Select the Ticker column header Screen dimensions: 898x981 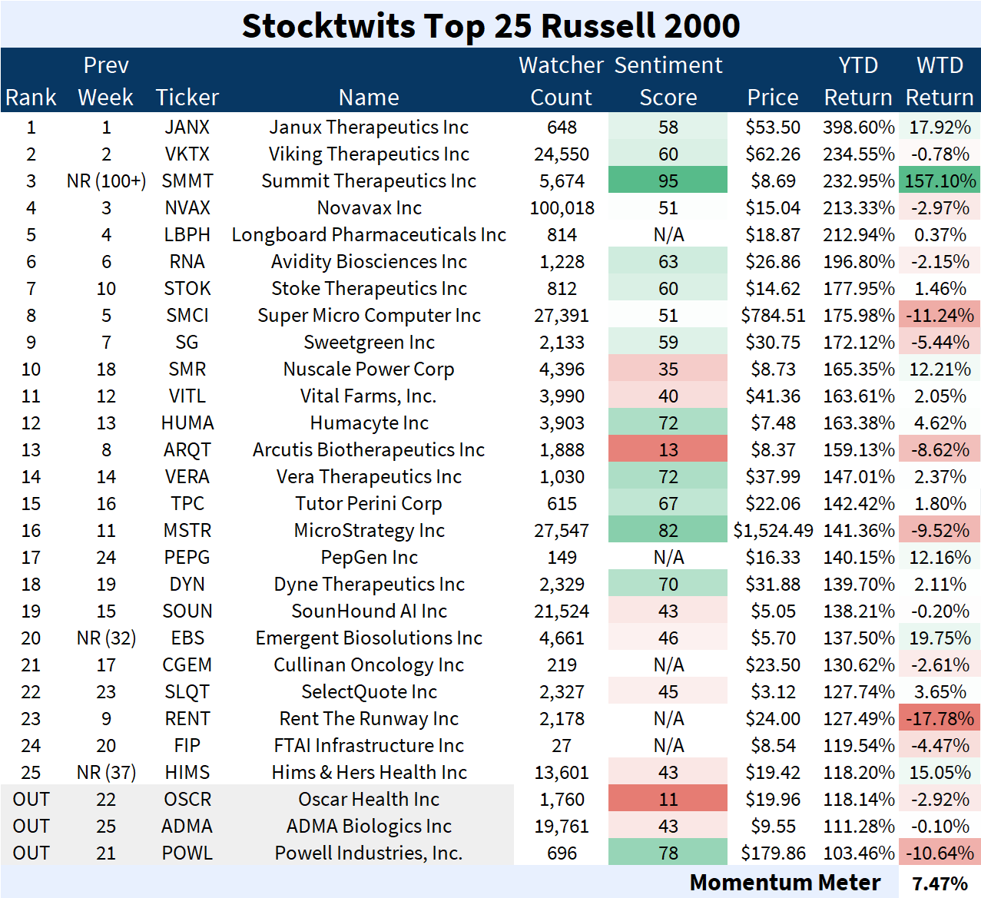[187, 98]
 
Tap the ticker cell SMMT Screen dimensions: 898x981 [187, 181]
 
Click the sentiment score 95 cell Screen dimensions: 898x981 [668, 181]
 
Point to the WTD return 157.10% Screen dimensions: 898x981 [940, 181]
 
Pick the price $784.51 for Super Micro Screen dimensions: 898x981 [773, 316]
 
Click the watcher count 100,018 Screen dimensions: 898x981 [562, 208]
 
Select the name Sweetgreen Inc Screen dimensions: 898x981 [369, 343]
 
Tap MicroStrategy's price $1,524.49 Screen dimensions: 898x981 [773, 531]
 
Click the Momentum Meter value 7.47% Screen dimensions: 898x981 [940, 883]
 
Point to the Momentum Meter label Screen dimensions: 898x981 [784, 883]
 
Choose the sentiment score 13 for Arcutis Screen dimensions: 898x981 [668, 450]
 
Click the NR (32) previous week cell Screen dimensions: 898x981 [106, 638]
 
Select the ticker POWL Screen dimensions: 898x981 [187, 853]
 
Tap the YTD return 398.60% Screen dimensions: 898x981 [858, 128]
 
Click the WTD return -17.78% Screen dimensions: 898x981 [940, 719]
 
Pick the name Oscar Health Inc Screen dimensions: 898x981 [369, 800]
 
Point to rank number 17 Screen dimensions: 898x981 [31, 558]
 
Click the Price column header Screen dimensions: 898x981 [773, 98]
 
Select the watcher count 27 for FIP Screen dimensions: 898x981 [562, 746]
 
